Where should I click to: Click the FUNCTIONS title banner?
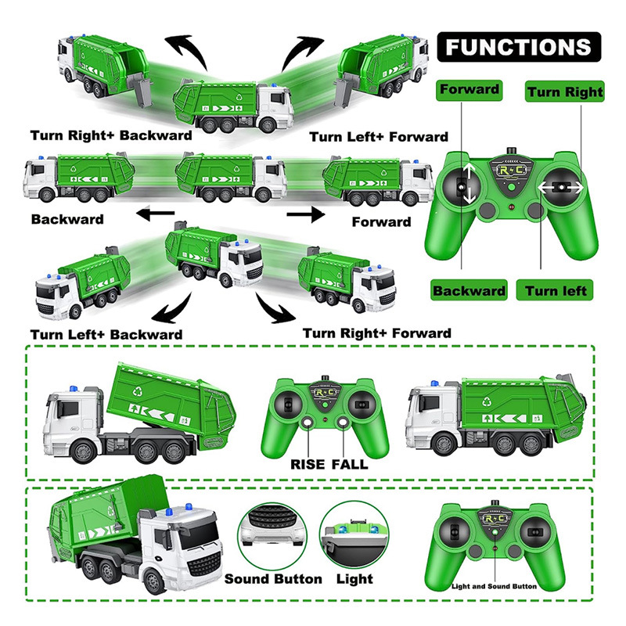tap(518, 46)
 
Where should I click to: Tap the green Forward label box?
tap(469, 89)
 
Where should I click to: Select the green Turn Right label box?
tap(565, 92)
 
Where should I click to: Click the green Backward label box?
tap(469, 290)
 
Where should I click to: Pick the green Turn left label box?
tap(556, 290)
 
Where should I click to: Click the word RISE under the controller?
tap(307, 463)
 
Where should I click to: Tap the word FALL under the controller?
tap(349, 463)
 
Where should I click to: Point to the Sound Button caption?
tap(273, 579)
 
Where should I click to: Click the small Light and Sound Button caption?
tap(495, 585)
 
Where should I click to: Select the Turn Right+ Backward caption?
tap(111, 135)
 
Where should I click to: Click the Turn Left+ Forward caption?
tap(379, 137)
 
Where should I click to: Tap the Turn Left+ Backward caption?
tap(106, 334)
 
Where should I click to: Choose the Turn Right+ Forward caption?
tap(377, 333)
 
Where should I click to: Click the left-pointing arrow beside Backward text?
tap(152, 213)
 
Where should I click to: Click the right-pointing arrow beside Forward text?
tap(306, 213)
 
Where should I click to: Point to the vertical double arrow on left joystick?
tap(468, 185)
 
